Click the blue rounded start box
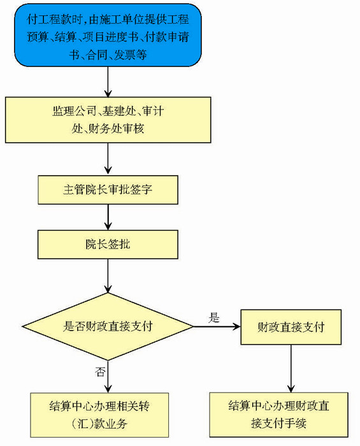pos(108,35)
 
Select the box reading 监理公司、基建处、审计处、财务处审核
pos(108,120)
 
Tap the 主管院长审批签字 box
pos(108,190)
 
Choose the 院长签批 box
pos(108,244)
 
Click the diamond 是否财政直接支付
pos(108,326)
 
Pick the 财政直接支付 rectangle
pos(291,327)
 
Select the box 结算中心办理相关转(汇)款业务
pos(99,415)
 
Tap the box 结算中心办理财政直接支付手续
pos(278,414)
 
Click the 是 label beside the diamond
pos(214,317)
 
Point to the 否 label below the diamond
pos(100,371)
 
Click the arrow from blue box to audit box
pos(108,82)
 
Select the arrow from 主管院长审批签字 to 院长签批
pos(108,217)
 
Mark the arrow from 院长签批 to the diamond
pos(108,276)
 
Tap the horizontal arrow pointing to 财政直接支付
pos(217,326)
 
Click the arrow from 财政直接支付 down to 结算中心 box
pos(291,369)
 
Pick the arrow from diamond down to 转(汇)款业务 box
pos(108,377)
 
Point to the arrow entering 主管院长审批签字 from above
pos(108,159)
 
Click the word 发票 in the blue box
pos(124,55)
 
